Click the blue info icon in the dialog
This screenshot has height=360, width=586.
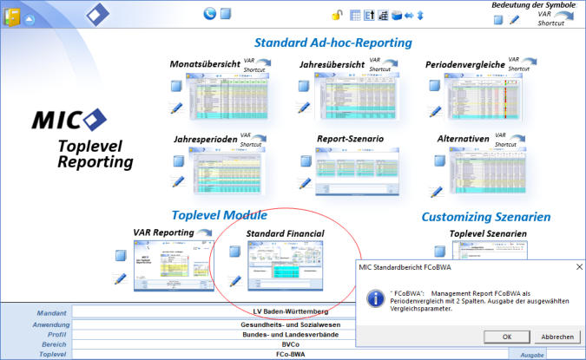click(x=376, y=298)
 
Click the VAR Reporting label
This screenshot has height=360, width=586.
click(x=162, y=232)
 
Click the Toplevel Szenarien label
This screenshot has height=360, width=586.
click(x=488, y=233)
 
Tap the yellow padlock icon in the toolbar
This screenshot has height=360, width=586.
click(x=337, y=15)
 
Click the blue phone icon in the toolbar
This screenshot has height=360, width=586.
click(x=209, y=13)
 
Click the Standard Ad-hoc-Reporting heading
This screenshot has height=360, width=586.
click(x=333, y=43)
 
